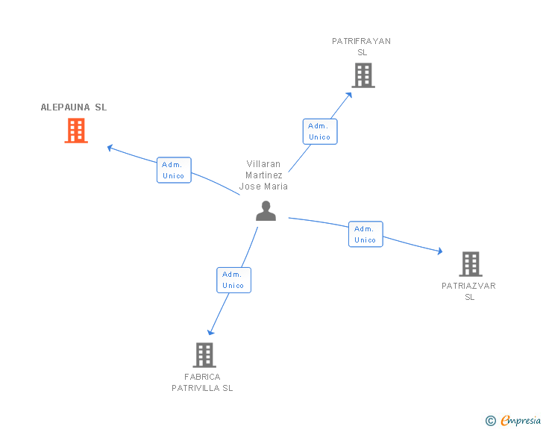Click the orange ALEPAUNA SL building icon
[x=76, y=131]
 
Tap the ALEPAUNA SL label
[x=74, y=107]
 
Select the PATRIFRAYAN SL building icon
[x=363, y=75]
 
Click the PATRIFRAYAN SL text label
[x=362, y=47]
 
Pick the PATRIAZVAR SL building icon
[x=471, y=264]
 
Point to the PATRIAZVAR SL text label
[x=469, y=292]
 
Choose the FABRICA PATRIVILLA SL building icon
[x=204, y=355]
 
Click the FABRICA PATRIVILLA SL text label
[x=202, y=382]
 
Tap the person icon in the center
[x=266, y=210]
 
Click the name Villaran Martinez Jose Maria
[x=263, y=175]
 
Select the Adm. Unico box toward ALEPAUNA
[x=174, y=170]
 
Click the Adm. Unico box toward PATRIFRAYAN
[x=320, y=131]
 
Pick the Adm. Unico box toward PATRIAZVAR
[x=365, y=234]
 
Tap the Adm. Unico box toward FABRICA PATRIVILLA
[x=233, y=280]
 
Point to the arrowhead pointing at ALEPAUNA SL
[x=110, y=148]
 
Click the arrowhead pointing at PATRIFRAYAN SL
[x=349, y=95]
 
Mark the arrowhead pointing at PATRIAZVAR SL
[x=440, y=251]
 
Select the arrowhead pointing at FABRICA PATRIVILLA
[x=210, y=332]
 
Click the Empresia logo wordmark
[x=521, y=421]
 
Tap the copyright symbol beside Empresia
[x=490, y=421]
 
